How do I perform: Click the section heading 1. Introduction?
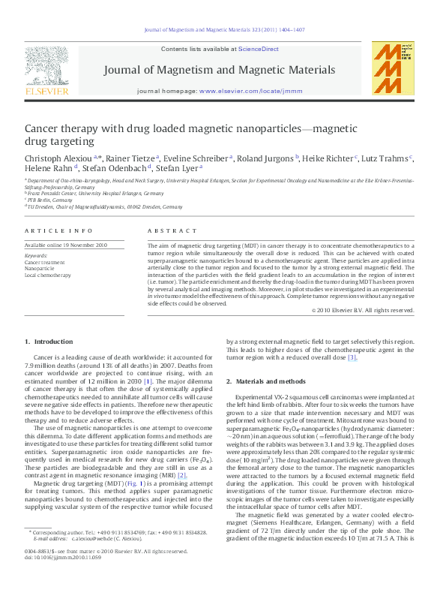[49, 342]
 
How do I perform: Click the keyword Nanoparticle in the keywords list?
[40, 268]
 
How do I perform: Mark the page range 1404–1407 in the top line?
[289, 32]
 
